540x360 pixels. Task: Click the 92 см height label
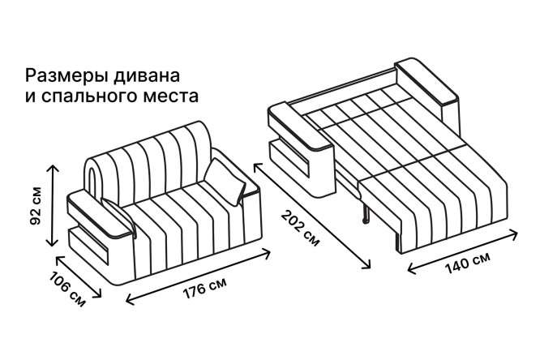36,206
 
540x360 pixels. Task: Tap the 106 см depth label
67,289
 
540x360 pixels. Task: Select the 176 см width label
204,288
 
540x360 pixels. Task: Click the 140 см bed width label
467,263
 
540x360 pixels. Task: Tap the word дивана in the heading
147,76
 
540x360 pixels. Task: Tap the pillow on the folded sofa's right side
225,182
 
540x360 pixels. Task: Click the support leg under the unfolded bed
366,214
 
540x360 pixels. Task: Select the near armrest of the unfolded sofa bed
301,148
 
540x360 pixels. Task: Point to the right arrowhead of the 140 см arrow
515,234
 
